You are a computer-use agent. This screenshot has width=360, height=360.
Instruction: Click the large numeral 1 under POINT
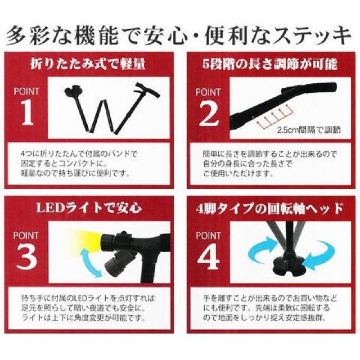click(28, 112)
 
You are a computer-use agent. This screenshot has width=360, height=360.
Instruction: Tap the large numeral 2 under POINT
click(209, 113)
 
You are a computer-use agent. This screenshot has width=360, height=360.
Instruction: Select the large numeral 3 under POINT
click(26, 256)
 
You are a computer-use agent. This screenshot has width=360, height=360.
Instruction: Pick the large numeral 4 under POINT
click(209, 256)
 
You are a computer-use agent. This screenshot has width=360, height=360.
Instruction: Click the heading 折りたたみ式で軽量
click(88, 64)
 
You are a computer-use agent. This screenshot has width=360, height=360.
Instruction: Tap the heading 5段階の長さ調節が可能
click(270, 64)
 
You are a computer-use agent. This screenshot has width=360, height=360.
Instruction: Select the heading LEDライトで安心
click(89, 208)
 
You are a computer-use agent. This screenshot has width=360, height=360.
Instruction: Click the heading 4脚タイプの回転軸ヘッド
click(270, 208)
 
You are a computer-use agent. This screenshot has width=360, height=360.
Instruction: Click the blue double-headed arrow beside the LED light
click(91, 262)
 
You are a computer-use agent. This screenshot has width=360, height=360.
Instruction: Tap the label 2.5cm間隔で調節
click(309, 130)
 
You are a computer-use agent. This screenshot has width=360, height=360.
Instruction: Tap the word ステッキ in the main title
click(309, 35)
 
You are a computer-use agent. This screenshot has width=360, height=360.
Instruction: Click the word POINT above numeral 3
click(26, 236)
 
